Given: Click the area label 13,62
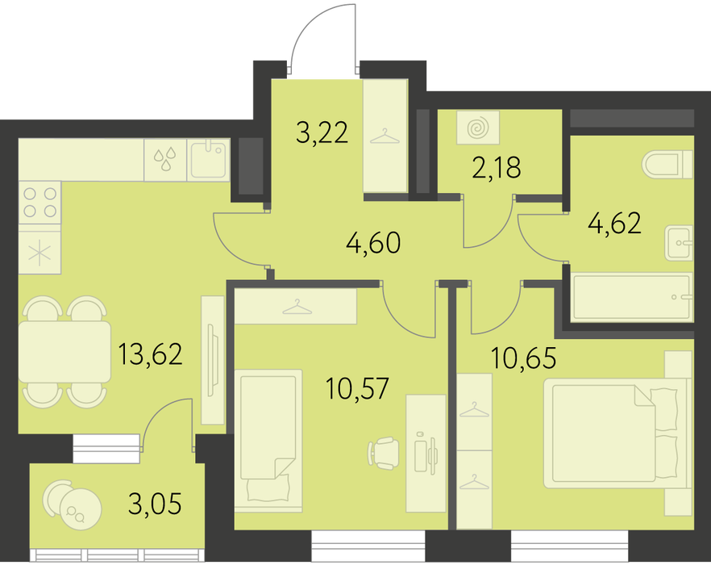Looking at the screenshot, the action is coord(150,354).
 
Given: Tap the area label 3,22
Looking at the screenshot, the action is coord(322,133).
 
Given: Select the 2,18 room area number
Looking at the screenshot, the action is coord(496,167).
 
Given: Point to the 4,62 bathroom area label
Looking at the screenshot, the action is coord(614,223).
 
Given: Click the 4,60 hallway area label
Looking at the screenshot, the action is coord(373,242).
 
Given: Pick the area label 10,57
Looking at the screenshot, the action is coord(357,388).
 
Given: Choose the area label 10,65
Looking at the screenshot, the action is coord(523,358).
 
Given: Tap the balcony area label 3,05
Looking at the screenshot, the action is coord(155,504).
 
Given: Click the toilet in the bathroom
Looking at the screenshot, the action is coord(667,165).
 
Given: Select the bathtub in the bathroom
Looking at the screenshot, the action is coord(632,297).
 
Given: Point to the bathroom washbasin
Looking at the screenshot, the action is coord(679,243).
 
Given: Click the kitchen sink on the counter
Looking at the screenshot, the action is coord(208,160).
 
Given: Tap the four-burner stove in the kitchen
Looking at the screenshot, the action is coord(40,203).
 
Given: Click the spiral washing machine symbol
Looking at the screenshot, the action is coord(478,128).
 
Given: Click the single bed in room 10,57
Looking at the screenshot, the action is coord(268,441).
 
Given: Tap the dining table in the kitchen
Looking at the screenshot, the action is coord(64,352).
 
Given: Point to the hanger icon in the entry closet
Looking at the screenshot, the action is coord(385,136).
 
